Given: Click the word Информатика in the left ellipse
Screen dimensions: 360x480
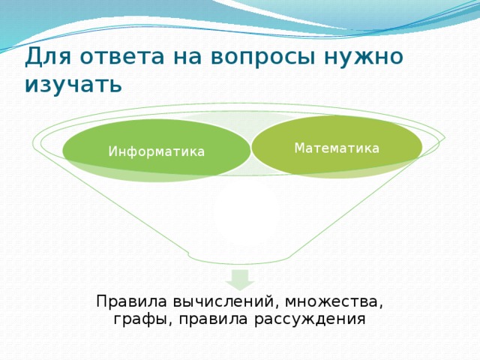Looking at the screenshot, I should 156,151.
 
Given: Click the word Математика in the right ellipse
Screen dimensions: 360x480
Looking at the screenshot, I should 337,148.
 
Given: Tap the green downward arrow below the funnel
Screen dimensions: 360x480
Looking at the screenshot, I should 240,280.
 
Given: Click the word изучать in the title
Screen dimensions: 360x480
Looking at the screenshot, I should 72,84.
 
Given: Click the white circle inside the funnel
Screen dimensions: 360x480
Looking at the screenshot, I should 246,214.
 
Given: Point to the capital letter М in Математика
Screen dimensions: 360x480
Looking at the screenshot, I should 299,148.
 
